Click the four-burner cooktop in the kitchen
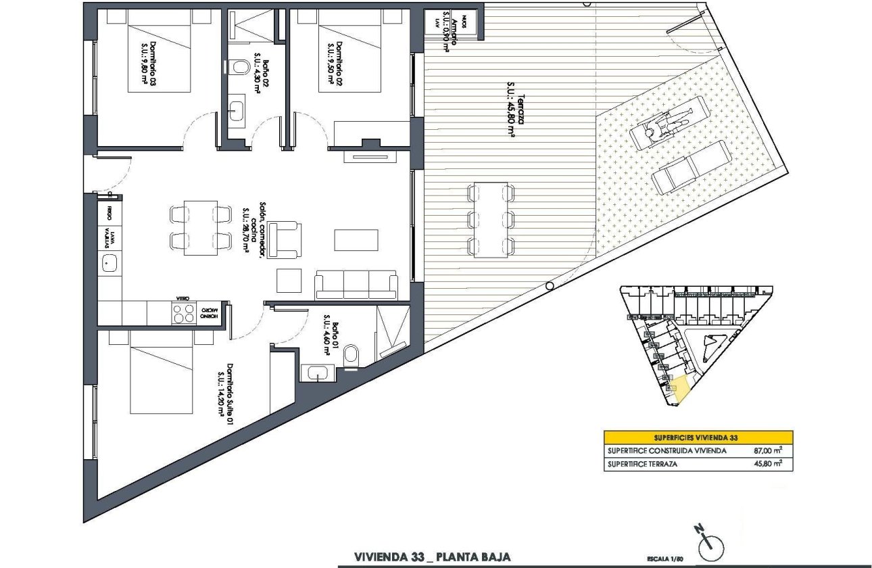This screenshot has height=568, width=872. click(183, 313)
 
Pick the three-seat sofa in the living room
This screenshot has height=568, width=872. click(356, 284)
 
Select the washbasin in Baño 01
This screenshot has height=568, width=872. click(317, 373)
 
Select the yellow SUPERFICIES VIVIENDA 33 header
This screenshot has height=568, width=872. click(698, 437)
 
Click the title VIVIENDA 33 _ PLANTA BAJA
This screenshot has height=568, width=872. click(432, 557)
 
